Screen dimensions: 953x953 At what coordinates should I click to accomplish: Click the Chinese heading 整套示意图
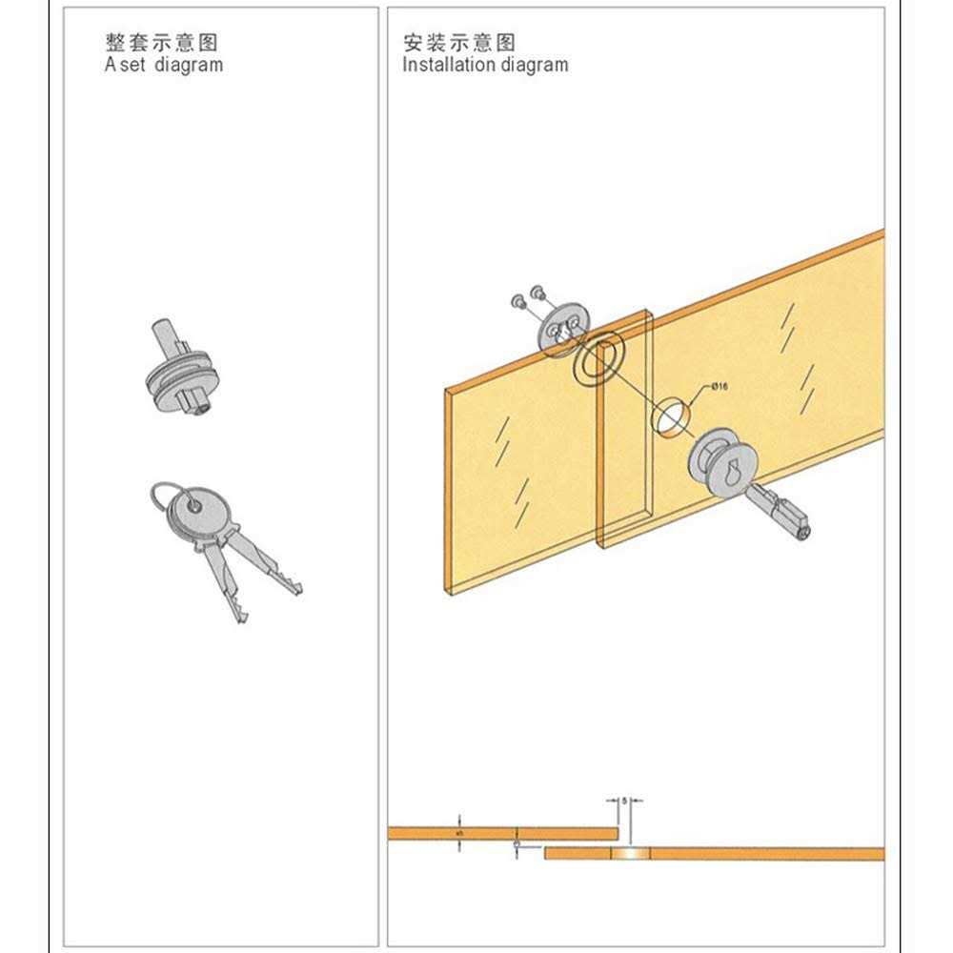162,43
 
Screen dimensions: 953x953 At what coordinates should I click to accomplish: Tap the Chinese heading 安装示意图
458,43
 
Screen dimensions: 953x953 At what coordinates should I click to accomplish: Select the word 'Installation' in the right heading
445,66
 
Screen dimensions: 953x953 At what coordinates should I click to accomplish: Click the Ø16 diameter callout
719,387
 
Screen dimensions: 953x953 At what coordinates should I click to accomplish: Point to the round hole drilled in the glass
671,416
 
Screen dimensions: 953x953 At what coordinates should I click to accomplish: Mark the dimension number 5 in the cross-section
624,802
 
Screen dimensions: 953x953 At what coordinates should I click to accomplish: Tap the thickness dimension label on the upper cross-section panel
459,833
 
